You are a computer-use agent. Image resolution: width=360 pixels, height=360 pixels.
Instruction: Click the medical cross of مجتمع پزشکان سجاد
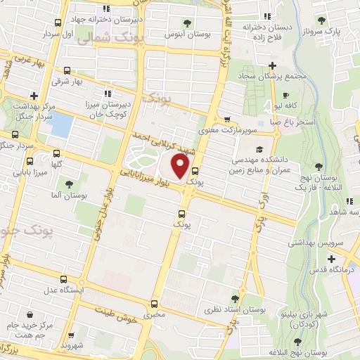point(282,65)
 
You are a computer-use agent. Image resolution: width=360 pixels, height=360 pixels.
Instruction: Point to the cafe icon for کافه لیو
point(285,96)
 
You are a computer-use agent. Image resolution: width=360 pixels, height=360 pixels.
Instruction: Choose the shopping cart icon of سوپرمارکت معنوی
point(227,119)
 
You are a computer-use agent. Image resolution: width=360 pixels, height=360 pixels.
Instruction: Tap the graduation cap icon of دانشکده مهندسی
point(259,149)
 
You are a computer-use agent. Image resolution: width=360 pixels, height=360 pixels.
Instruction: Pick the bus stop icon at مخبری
point(154,304)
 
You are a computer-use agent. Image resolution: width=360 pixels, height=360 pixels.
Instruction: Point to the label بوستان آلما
point(69,195)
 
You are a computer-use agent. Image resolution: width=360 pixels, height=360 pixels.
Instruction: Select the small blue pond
point(61,125)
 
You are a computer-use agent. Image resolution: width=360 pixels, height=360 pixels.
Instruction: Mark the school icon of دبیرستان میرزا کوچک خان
point(108,93)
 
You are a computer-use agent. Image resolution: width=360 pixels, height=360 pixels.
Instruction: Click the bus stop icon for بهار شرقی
point(67,70)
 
